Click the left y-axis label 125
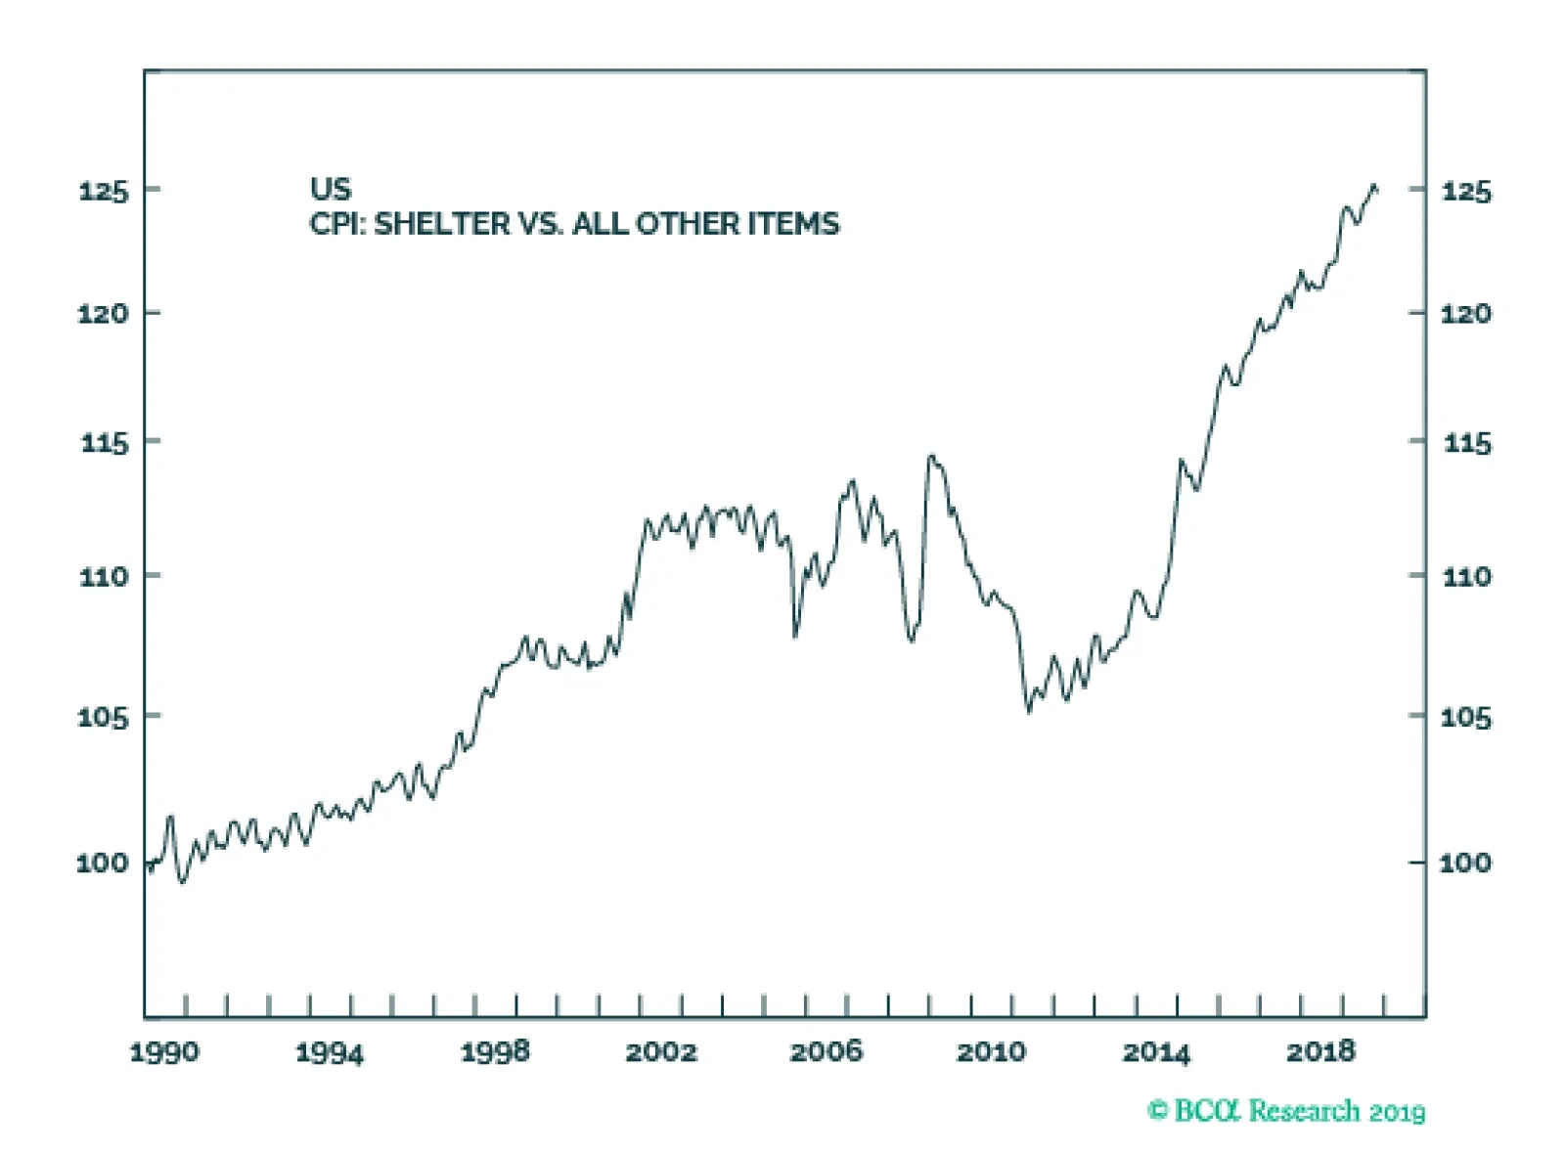tap(103, 190)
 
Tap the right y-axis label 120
tap(1465, 314)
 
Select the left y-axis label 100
tap(103, 863)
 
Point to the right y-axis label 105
tap(1465, 718)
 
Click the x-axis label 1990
tap(164, 1052)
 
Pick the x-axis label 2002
tap(661, 1052)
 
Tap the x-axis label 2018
tap(1320, 1052)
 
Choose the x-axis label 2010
tap(991, 1052)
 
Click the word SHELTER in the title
tap(442, 224)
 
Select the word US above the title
tap(331, 189)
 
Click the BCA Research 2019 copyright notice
tap(1286, 1111)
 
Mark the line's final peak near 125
tap(1374, 186)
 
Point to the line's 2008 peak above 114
tap(931, 456)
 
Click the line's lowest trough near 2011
tap(1029, 711)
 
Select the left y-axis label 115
tap(103, 443)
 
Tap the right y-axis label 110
tap(1465, 576)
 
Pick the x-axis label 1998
tap(495, 1052)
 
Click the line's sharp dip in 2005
tap(795, 636)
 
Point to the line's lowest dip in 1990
tap(182, 881)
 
